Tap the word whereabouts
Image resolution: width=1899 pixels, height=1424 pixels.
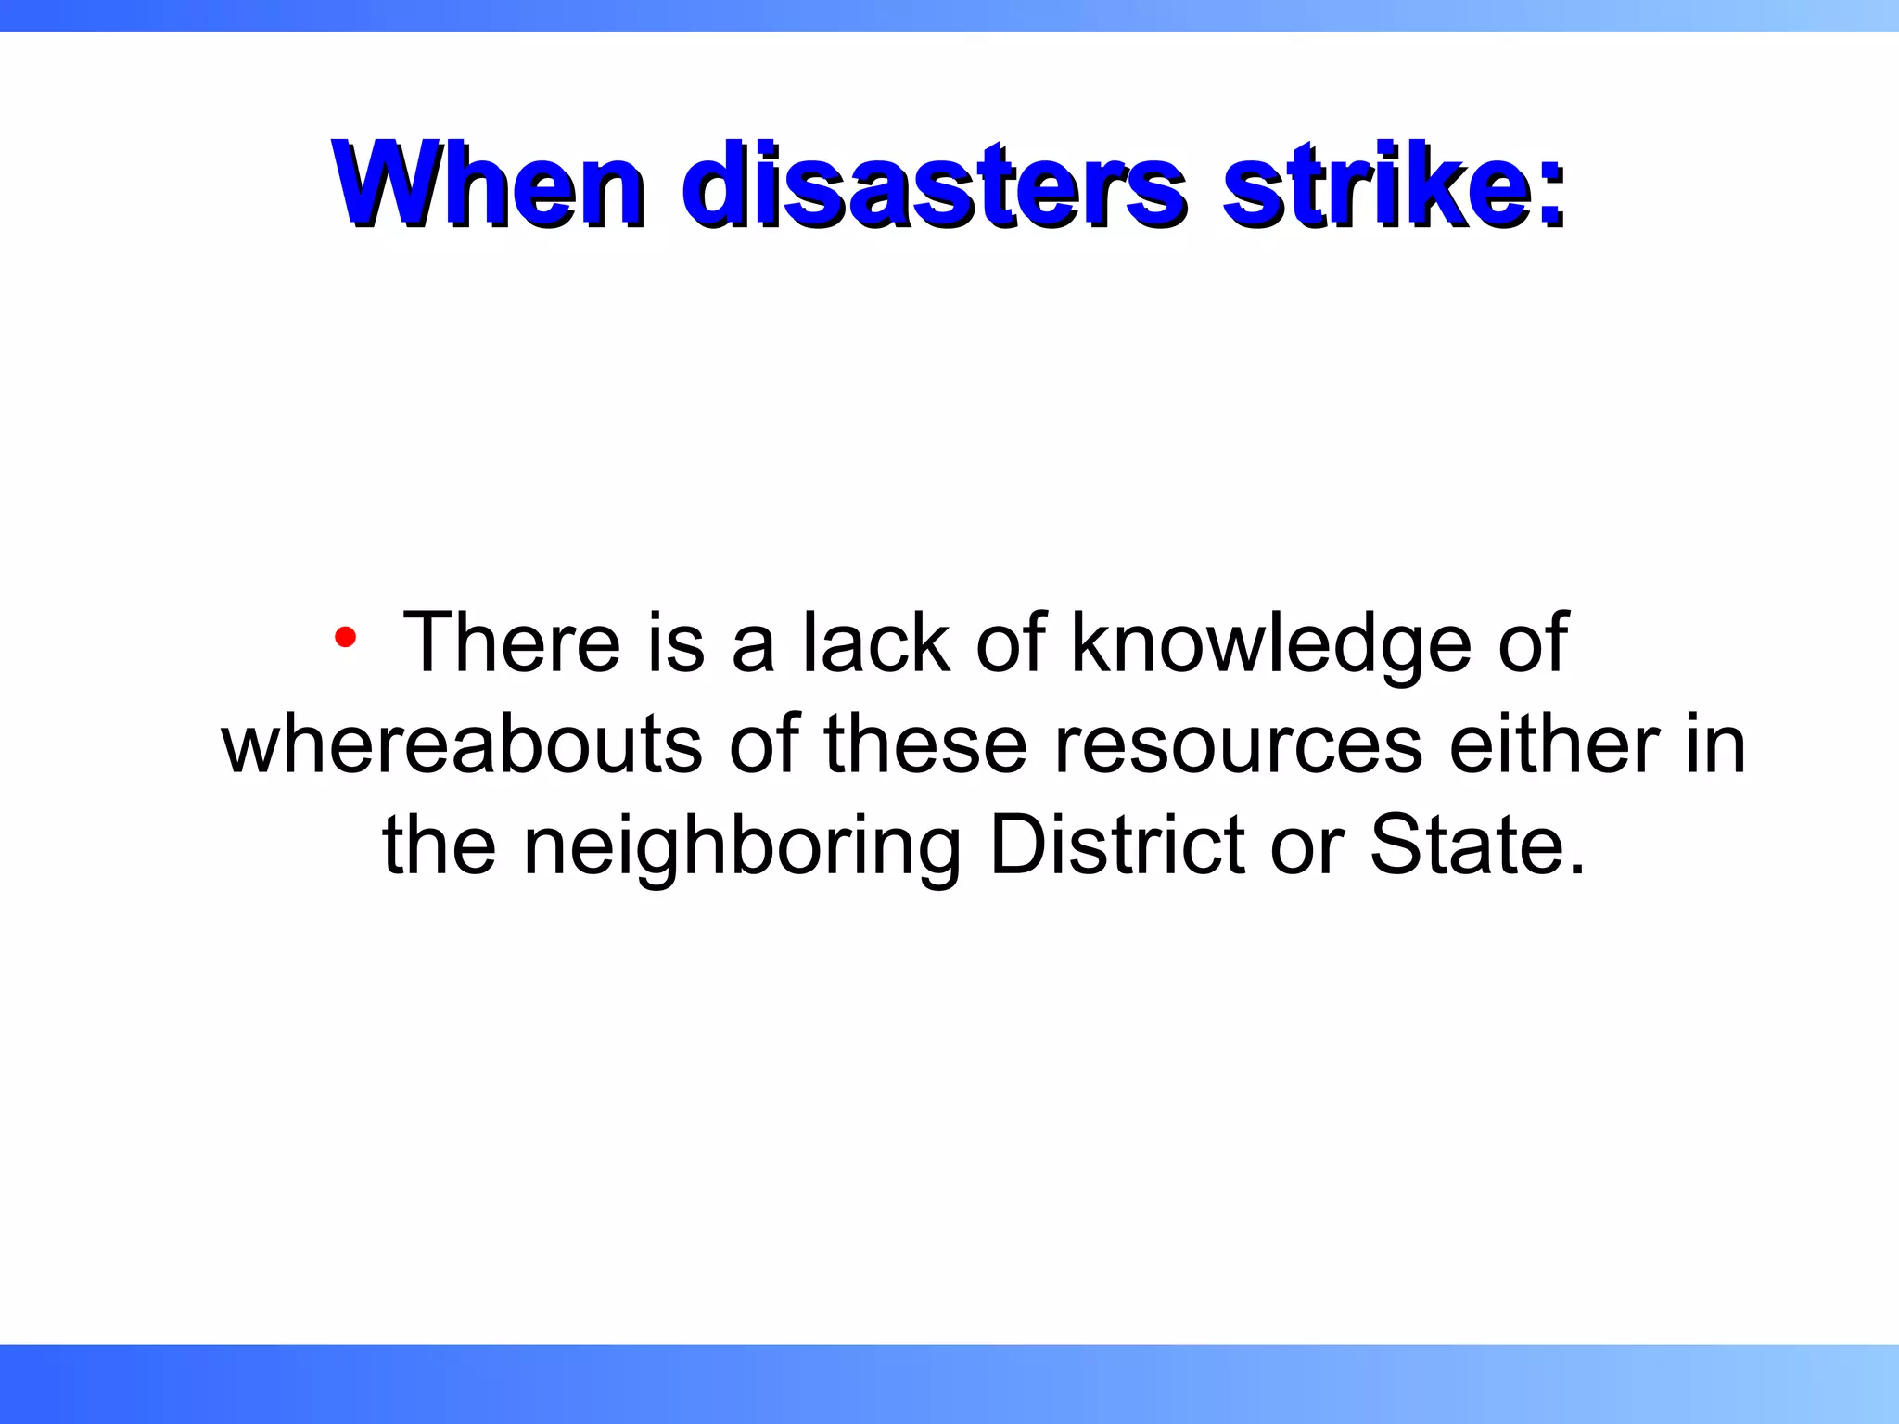pyautogui.click(x=462, y=744)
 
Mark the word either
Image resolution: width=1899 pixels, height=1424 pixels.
pyautogui.click(x=1554, y=744)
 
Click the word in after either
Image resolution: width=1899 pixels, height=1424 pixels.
pyautogui.click(x=1715, y=744)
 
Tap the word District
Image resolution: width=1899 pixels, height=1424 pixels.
pyautogui.click(x=1116, y=845)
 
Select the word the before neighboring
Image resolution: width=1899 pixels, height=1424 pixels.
pyautogui.click(x=439, y=845)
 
